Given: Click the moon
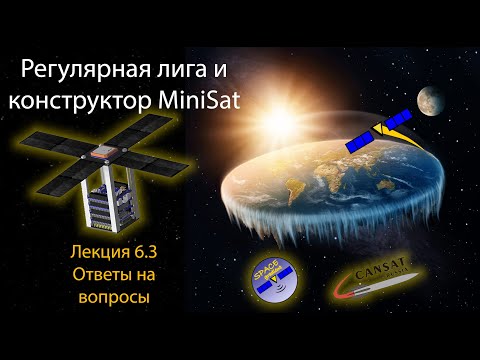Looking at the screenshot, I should click(433, 100).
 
